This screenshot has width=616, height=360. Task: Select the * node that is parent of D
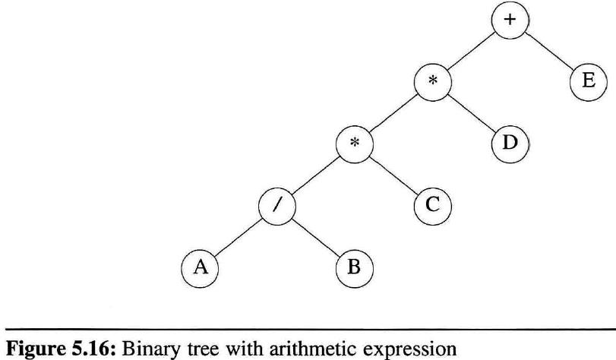point(432,82)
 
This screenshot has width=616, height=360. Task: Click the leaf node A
point(198,267)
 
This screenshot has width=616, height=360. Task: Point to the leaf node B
point(355,267)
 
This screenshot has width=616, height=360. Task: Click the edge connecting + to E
point(548,50)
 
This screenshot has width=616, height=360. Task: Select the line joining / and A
point(237,237)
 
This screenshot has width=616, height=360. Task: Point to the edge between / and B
point(315,237)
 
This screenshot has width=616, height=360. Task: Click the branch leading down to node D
point(471,112)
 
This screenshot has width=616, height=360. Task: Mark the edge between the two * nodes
point(393,112)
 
